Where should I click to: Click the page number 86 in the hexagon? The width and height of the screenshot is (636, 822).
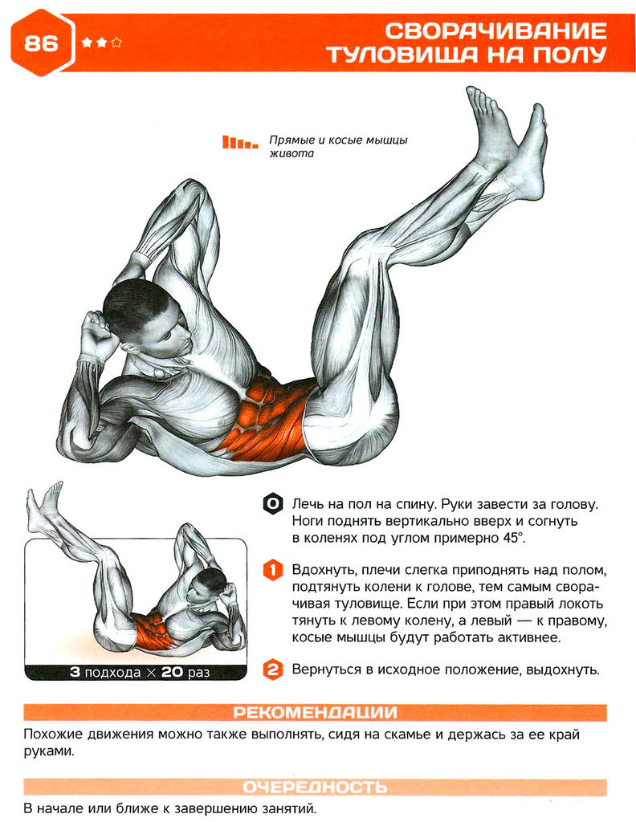(x=41, y=43)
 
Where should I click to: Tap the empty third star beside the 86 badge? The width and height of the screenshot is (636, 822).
(x=116, y=43)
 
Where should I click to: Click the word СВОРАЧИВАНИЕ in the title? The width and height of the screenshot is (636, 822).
(x=495, y=31)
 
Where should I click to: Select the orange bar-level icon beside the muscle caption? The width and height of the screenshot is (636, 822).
(x=239, y=142)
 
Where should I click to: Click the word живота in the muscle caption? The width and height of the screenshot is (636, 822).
(x=290, y=154)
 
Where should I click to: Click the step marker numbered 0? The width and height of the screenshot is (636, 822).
(x=273, y=504)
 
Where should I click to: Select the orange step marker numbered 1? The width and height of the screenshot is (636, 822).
(x=273, y=570)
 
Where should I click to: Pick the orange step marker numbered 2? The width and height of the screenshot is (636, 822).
(x=273, y=669)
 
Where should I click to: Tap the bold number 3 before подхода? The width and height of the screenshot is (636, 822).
(x=75, y=672)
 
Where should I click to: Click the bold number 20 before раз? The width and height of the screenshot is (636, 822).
(x=174, y=672)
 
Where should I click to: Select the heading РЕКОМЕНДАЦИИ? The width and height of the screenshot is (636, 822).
(x=315, y=712)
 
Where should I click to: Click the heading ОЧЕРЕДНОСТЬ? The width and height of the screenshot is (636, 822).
(x=315, y=787)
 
